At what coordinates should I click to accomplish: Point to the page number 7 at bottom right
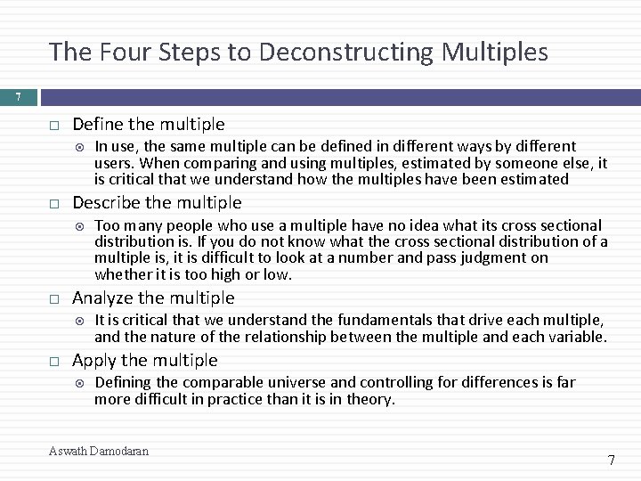coord(611,461)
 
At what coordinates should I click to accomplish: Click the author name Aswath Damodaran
coord(99,451)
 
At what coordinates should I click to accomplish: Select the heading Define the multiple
coord(148,124)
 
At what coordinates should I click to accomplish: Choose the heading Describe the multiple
coord(157,202)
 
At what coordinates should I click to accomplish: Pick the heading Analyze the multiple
coord(153,298)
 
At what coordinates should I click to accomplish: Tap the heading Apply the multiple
coord(144,360)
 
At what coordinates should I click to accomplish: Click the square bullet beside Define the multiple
coord(54,125)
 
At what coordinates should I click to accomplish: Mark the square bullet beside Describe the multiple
coord(54,203)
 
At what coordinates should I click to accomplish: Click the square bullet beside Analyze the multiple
coord(54,298)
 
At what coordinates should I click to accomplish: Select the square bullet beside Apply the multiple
coord(54,361)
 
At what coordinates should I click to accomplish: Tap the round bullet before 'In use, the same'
coord(81,147)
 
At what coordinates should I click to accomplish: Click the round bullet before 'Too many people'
coord(81,225)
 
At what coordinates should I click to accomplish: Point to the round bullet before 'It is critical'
coord(81,321)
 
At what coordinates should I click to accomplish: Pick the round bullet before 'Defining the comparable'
coord(81,383)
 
